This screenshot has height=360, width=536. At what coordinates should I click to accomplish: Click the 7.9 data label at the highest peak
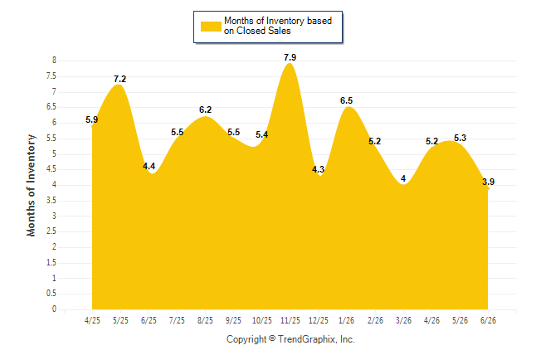pyautogui.click(x=290, y=57)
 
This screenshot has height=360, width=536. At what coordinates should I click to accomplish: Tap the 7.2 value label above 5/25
pyautogui.click(x=119, y=79)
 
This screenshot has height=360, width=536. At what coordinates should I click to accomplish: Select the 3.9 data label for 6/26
pyautogui.click(x=488, y=182)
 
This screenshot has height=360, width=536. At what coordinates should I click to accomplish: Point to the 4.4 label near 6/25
pyautogui.click(x=149, y=166)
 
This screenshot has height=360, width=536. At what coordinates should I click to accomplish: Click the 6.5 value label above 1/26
pyautogui.click(x=346, y=100)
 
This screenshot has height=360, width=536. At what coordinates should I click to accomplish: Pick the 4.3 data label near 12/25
pyautogui.click(x=318, y=169)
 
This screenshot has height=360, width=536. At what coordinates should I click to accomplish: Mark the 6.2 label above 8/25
pyautogui.click(x=205, y=109)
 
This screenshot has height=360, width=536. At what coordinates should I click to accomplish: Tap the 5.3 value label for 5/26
pyautogui.click(x=460, y=138)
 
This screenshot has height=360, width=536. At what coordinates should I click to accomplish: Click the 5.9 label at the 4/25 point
pyautogui.click(x=91, y=119)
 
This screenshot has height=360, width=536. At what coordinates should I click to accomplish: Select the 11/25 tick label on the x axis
pyautogui.click(x=290, y=320)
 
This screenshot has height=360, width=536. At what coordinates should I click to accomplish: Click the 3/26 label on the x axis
pyautogui.click(x=403, y=320)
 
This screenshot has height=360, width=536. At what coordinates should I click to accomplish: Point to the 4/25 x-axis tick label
pyautogui.click(x=92, y=320)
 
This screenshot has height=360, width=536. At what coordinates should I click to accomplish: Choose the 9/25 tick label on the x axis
pyautogui.click(x=233, y=320)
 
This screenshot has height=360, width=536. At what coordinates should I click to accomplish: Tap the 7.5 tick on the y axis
pyautogui.click(x=51, y=75)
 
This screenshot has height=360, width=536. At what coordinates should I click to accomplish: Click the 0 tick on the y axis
pyautogui.click(x=54, y=309)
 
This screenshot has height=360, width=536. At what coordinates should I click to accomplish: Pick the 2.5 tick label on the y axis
pyautogui.click(x=51, y=231)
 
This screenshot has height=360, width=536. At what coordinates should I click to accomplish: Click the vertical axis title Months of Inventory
pyautogui.click(x=31, y=185)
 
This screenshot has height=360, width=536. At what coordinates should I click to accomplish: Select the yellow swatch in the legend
pyautogui.click(x=211, y=27)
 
